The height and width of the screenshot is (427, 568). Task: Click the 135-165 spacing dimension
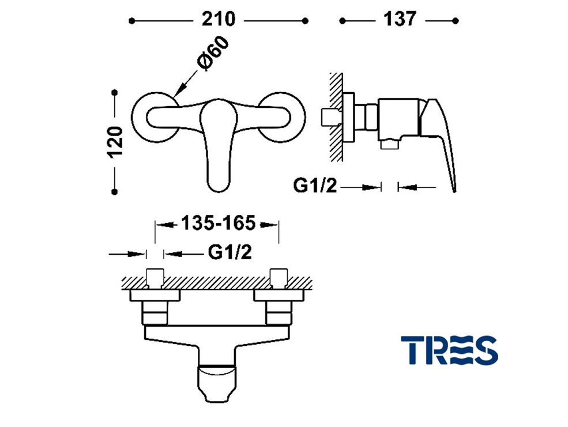pyautogui.click(x=218, y=223)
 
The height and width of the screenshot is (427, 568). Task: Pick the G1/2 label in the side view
pyautogui.click(x=315, y=186)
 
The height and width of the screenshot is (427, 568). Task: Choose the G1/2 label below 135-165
pyautogui.click(x=230, y=252)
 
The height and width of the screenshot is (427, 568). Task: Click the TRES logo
pyautogui.click(x=449, y=350)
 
